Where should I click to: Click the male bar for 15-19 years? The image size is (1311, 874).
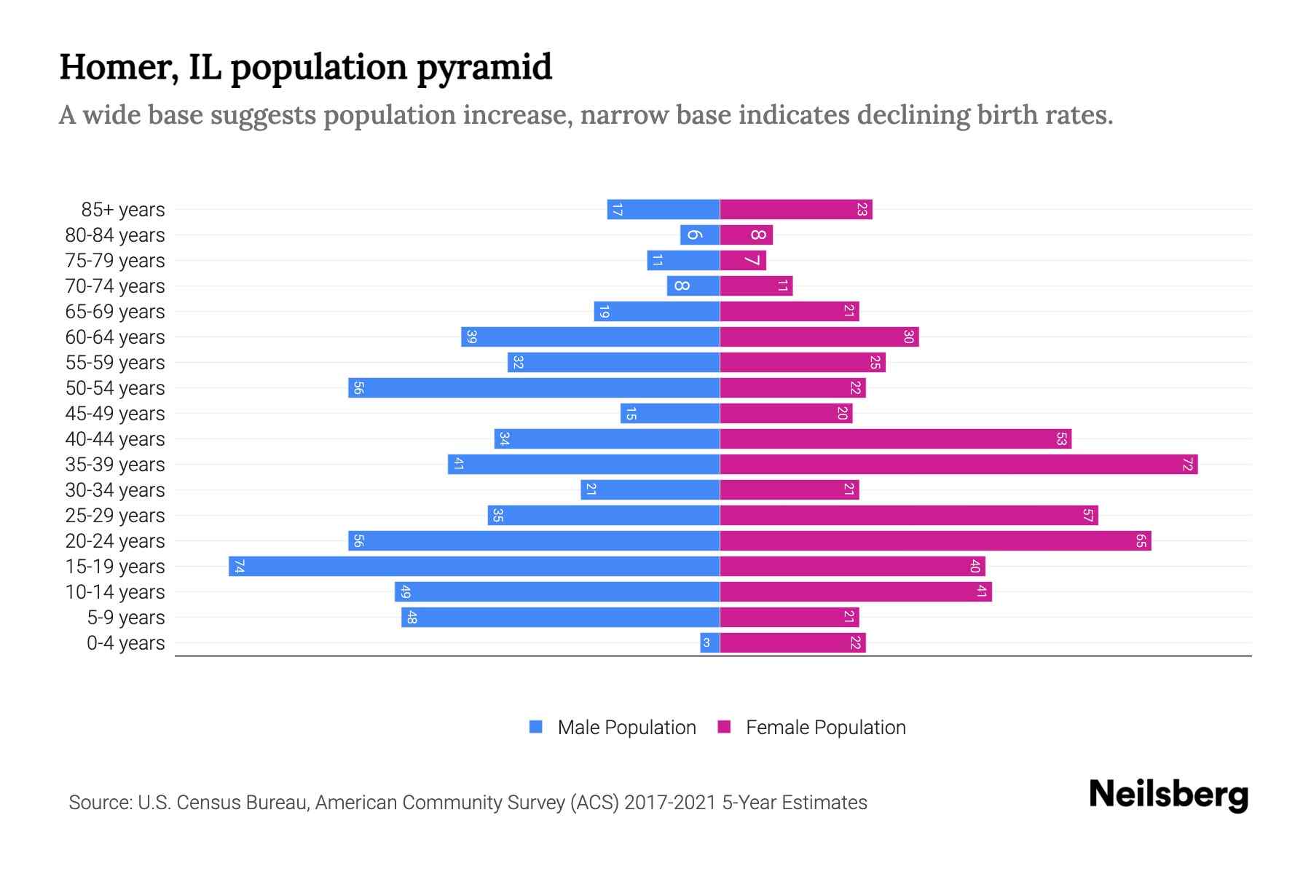point(473,567)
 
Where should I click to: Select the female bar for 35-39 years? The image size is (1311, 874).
point(958,465)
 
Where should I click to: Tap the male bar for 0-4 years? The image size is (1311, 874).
point(710,643)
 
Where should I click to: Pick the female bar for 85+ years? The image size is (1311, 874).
point(796,210)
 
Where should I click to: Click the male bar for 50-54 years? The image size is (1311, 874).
point(534,388)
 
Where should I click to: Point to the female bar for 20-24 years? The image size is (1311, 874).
point(935,541)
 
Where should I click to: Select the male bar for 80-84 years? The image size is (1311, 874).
point(700,235)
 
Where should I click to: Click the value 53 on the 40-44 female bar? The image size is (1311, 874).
point(1061,439)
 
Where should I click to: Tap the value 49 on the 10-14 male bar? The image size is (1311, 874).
point(406,592)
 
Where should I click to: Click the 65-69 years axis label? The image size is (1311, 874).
point(115,312)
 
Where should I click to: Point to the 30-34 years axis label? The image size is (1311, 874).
point(115,490)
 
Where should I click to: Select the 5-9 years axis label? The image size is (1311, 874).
point(126,618)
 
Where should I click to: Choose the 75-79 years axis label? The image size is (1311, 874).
point(115,261)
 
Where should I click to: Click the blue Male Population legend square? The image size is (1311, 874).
point(536,727)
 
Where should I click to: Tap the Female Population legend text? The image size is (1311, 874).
point(825,728)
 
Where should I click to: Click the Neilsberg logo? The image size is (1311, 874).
point(1168,795)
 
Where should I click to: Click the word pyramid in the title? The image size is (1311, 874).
point(484,68)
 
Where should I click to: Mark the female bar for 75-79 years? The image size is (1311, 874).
point(743,261)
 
